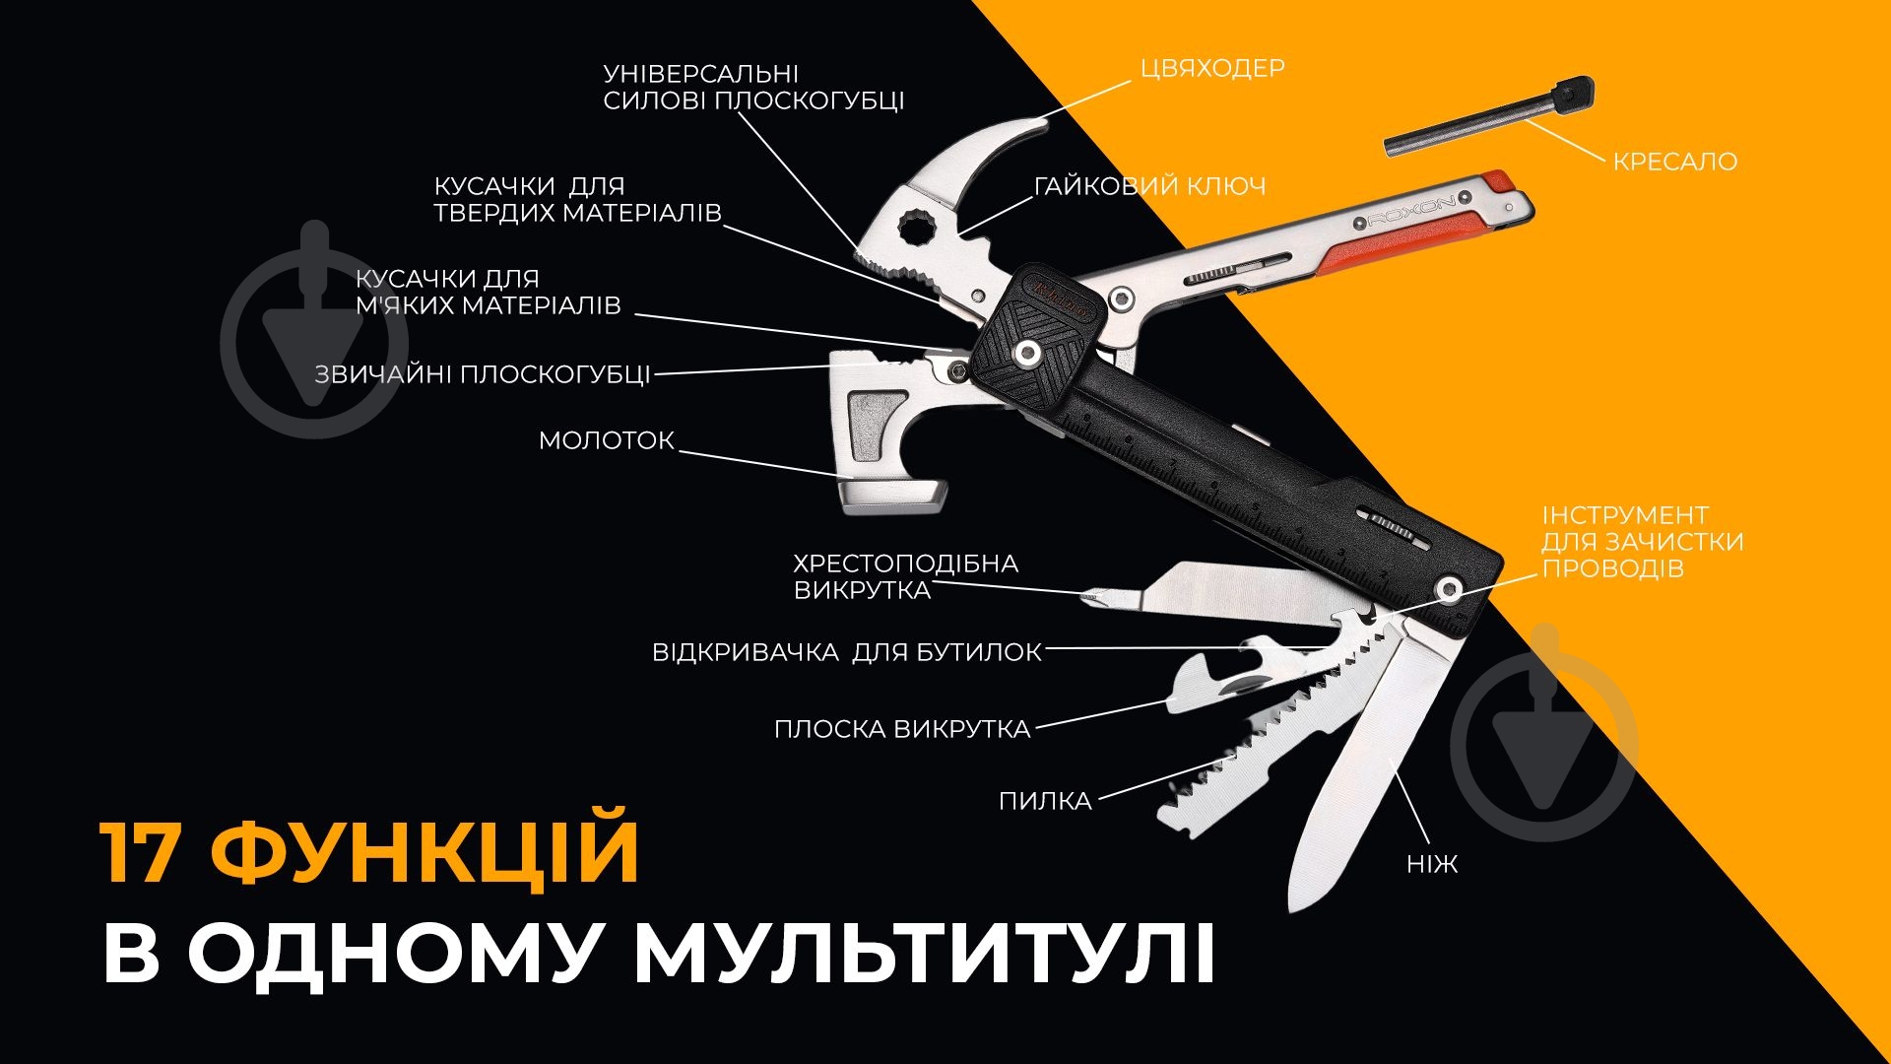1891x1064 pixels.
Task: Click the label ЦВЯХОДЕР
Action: pyautogui.click(x=1212, y=68)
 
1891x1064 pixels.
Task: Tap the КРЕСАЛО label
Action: pyautogui.click(x=1674, y=162)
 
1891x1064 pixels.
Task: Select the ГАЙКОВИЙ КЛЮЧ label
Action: pyautogui.click(x=1149, y=186)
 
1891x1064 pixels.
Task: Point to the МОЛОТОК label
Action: pyautogui.click(x=606, y=440)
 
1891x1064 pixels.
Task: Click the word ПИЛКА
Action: pyautogui.click(x=1045, y=801)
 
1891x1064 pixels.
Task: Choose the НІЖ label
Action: pyautogui.click(x=1431, y=865)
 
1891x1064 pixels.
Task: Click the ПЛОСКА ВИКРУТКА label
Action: pyautogui.click(x=901, y=729)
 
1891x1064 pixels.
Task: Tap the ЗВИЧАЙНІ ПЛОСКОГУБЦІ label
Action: pyautogui.click(x=483, y=374)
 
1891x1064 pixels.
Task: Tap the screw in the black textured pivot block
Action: pyautogui.click(x=1030, y=352)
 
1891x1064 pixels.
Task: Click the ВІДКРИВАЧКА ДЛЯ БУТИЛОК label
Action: pyautogui.click(x=847, y=652)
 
